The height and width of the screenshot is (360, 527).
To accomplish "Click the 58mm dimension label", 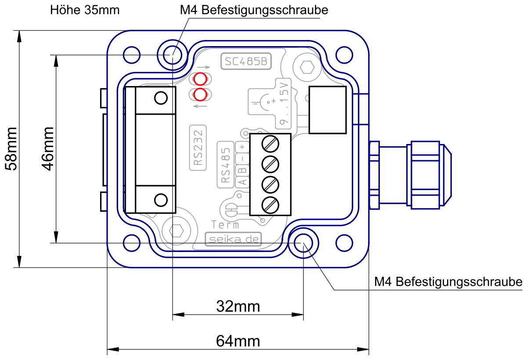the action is (x=11, y=149).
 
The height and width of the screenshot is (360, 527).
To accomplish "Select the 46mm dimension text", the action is (x=48, y=149).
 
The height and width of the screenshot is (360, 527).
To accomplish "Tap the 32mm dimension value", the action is (x=238, y=306).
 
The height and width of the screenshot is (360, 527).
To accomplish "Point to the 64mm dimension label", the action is (x=238, y=341).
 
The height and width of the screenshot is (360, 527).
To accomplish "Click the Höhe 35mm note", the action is (x=85, y=10).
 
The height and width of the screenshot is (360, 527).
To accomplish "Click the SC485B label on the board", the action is (x=246, y=61).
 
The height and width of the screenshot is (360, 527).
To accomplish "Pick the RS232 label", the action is (x=198, y=148).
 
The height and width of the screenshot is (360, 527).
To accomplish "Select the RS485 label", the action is (x=225, y=165).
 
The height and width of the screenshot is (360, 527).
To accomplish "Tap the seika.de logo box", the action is (x=233, y=239).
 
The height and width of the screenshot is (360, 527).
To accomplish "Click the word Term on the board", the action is (x=225, y=225).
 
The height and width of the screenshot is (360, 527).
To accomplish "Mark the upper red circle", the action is (x=200, y=79).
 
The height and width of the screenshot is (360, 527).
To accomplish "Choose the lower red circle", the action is (x=200, y=95).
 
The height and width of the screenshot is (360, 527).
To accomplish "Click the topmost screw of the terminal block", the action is (x=271, y=144).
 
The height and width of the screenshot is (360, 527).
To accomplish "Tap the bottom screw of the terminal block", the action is (x=271, y=205).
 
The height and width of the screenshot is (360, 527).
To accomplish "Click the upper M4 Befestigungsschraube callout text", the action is (x=254, y=10).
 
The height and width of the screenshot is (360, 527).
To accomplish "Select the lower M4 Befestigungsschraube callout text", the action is (x=448, y=282).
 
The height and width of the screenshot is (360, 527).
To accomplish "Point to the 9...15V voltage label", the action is (x=284, y=104).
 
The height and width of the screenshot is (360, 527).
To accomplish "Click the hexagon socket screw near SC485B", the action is (x=307, y=68).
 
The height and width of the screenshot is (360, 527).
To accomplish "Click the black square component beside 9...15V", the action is (x=328, y=110).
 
